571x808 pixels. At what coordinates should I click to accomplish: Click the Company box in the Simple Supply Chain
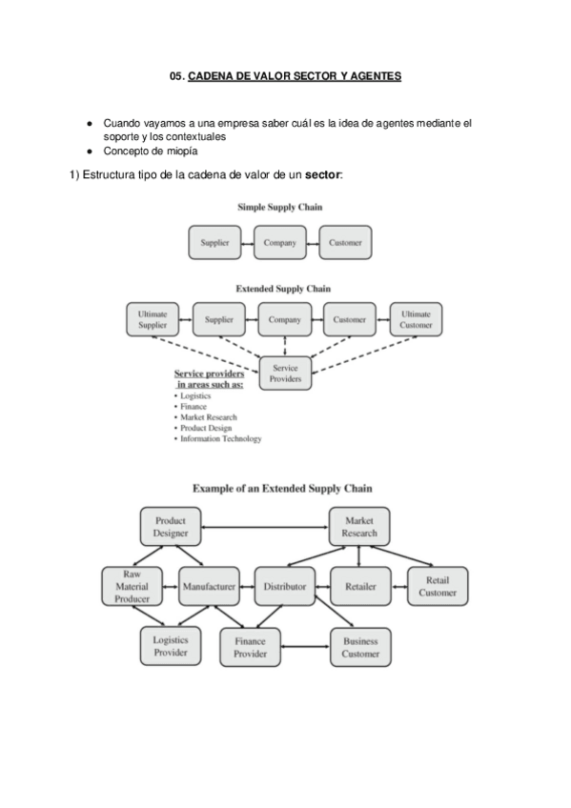click(x=280, y=243)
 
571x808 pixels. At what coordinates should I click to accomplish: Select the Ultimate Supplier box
click(x=153, y=320)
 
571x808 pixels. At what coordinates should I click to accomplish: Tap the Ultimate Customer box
click(x=416, y=320)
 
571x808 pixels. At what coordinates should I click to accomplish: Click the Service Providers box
click(x=286, y=373)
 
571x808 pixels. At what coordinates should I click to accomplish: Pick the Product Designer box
click(x=171, y=527)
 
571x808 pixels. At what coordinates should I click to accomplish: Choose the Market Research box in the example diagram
click(x=359, y=527)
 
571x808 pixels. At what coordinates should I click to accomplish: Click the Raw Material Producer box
click(x=133, y=586)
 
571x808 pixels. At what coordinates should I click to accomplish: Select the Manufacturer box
click(x=209, y=587)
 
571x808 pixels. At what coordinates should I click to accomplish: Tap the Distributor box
click(x=284, y=587)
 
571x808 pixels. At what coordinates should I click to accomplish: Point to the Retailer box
click(x=360, y=587)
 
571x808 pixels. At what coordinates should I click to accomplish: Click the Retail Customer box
click(x=438, y=587)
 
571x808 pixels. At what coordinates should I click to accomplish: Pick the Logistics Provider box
click(x=171, y=647)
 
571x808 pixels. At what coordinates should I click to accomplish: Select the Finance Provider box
click(x=251, y=649)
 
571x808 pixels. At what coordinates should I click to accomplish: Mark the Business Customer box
click(x=360, y=648)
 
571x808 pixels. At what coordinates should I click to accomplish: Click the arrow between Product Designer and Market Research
click(x=265, y=527)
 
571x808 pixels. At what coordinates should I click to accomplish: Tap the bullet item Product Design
click(x=208, y=428)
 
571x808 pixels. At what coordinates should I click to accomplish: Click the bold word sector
click(x=322, y=175)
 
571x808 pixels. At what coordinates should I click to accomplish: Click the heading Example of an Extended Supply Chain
click(x=283, y=488)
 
